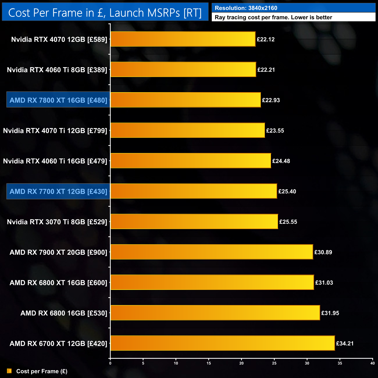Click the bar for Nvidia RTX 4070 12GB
(183, 39)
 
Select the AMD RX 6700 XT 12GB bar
(222, 343)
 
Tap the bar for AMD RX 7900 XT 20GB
(212, 252)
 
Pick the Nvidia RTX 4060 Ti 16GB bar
(191, 161)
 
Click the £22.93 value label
(271, 100)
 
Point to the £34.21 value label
(345, 343)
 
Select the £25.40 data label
(287, 191)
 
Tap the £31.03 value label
(324, 283)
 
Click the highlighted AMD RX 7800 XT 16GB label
(58, 100)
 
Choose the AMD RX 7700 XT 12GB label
(58, 191)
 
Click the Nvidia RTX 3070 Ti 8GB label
(57, 222)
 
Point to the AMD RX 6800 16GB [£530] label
(64, 313)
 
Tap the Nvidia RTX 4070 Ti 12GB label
(55, 131)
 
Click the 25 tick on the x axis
(274, 363)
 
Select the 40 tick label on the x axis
(372, 363)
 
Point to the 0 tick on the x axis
(110, 363)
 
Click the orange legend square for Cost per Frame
(9, 371)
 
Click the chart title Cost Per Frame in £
(105, 13)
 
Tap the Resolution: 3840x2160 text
(246, 8)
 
